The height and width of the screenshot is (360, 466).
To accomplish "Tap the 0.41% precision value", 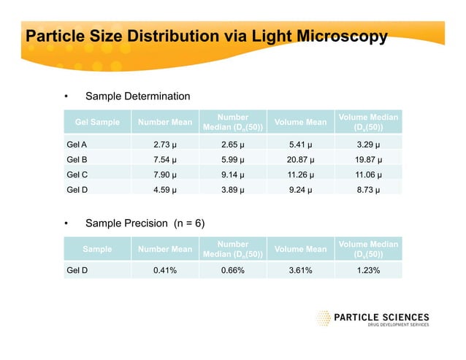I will coord(166,270).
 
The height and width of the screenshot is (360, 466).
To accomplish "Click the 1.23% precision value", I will coord(368,270).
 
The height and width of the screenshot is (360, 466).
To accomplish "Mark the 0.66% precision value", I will coord(234,270).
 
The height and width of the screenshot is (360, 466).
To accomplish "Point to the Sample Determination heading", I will coord(137,96).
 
